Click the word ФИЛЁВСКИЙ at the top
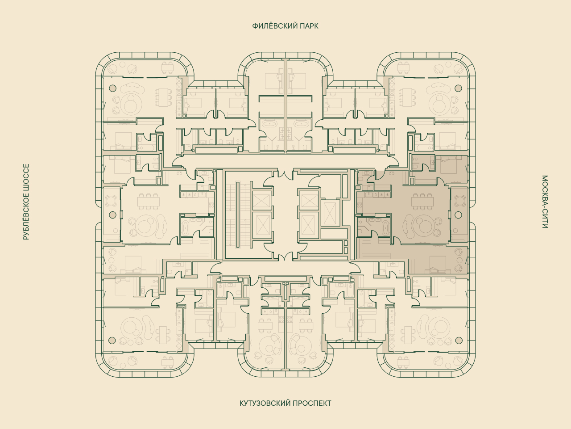270,26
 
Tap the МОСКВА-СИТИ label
545,202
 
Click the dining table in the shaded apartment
422,202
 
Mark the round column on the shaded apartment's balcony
458,215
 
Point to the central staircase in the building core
238,214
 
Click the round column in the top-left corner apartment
112,88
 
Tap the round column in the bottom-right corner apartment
459,340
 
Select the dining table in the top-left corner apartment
164,97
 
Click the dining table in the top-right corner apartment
407,97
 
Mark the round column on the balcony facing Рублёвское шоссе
112,215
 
